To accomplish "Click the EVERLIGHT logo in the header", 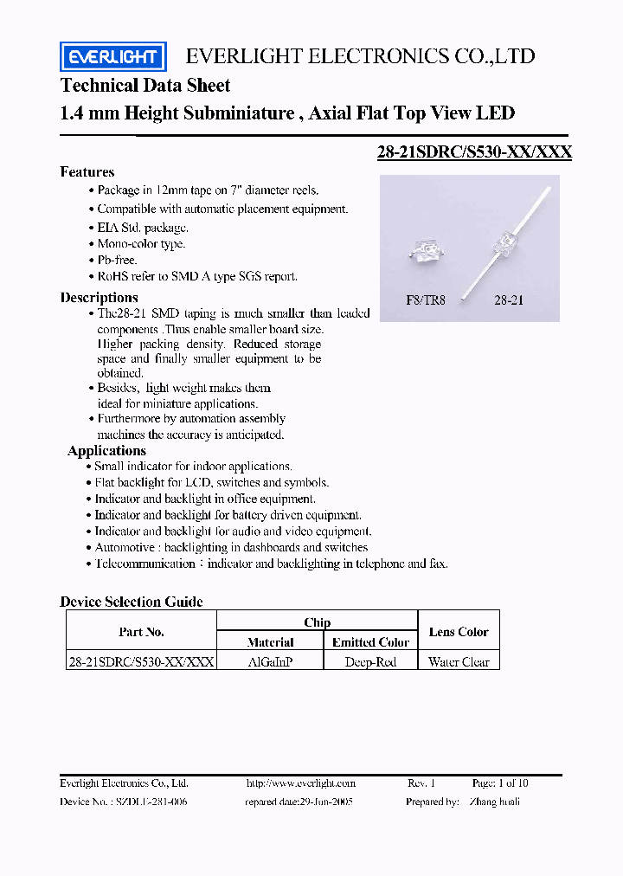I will coord(112,57).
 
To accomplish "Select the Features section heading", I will coord(87,172).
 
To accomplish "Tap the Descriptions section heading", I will coord(99,298).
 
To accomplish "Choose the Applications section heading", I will coord(106,451).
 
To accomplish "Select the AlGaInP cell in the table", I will coord(269,662).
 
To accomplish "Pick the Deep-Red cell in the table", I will coord(369,662).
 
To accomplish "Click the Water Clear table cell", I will coord(459,662).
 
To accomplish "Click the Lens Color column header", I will coord(459,632).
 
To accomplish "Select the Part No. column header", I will coord(141,632).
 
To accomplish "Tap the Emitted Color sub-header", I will coord(370,642).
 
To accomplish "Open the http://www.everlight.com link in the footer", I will coord(300,783).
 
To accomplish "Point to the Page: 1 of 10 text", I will coord(500,783).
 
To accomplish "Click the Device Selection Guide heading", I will coord(132,602).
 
